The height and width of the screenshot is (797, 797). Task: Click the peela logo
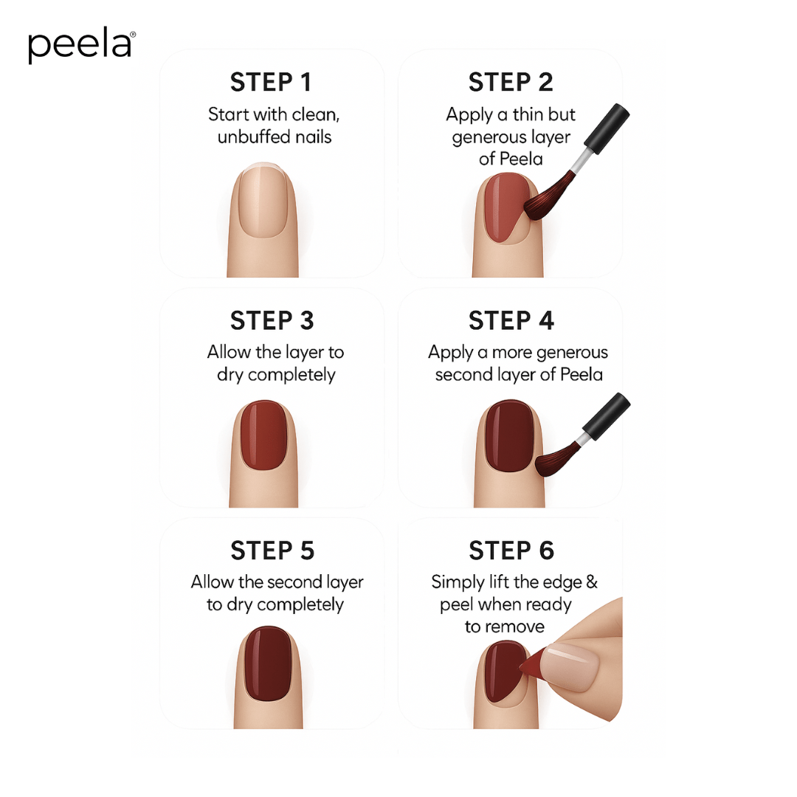click(x=81, y=46)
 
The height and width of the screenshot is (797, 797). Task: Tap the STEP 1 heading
click(x=271, y=82)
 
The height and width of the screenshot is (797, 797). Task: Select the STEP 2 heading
click(x=511, y=82)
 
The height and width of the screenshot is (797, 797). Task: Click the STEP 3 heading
click(x=272, y=321)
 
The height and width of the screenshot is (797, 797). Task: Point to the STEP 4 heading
click(x=511, y=321)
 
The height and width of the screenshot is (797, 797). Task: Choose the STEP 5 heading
click(x=272, y=551)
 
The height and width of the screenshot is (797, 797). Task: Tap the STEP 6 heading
click(x=511, y=551)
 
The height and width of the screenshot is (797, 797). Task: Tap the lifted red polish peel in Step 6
click(x=533, y=666)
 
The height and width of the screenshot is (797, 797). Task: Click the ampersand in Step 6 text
click(x=591, y=582)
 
